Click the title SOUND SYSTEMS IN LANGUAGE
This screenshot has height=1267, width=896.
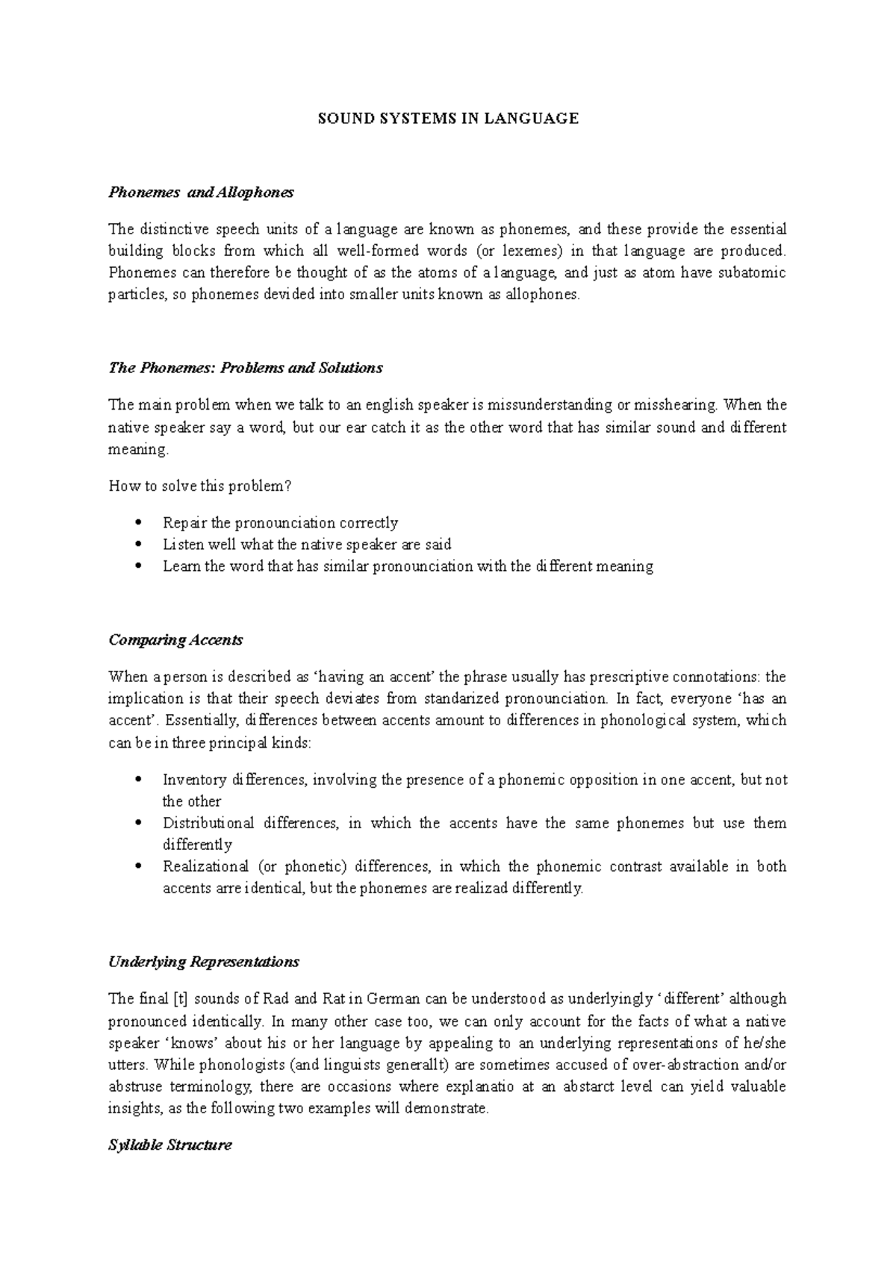(448, 118)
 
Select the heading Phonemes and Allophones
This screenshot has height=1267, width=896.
(201, 193)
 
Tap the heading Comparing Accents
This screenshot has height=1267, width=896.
(175, 640)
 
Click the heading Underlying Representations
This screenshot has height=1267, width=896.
(204, 962)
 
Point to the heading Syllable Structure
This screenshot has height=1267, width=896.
(170, 1145)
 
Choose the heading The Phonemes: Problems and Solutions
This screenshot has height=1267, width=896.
(245, 368)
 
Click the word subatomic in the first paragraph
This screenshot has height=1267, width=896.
(752, 272)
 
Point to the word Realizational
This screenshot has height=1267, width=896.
(205, 867)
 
